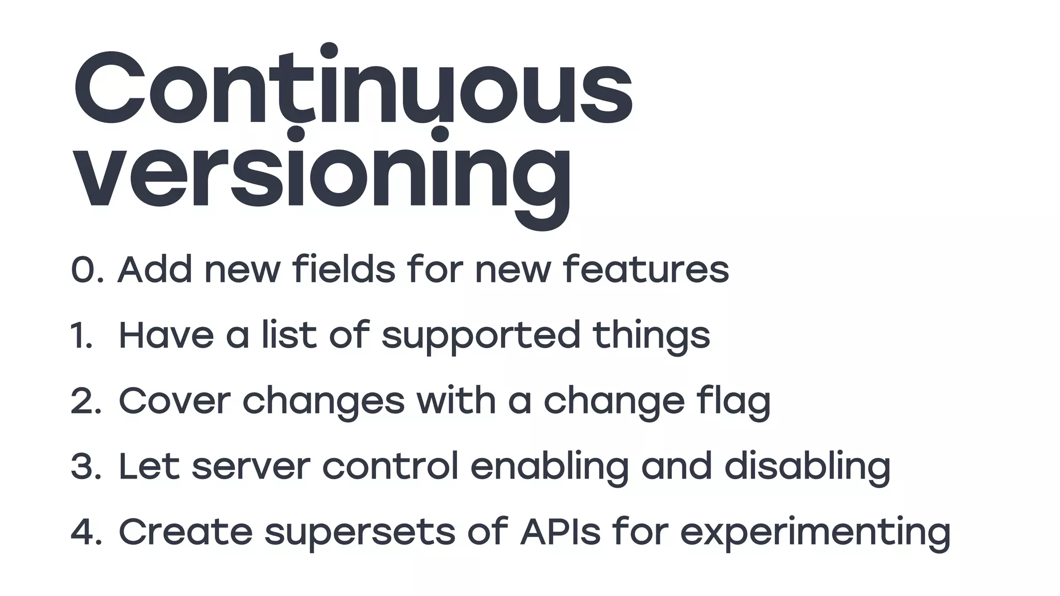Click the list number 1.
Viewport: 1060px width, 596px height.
pos(81,336)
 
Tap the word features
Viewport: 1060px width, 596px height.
pos(646,270)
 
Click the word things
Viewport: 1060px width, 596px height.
pos(651,335)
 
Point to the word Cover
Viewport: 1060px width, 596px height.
pos(174,401)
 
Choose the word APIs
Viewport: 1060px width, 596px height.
pos(561,531)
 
